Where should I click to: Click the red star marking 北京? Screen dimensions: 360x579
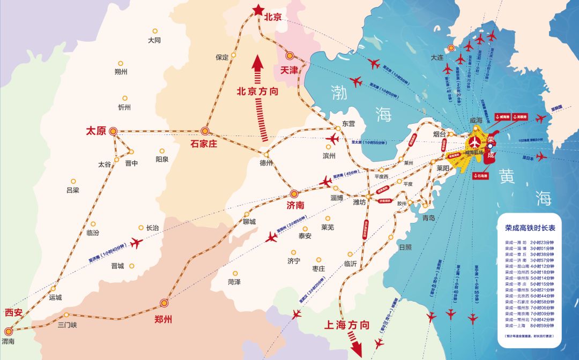pos(258,9)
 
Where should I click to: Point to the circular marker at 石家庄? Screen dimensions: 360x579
pos(204,131)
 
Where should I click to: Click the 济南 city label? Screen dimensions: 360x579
pos(295,205)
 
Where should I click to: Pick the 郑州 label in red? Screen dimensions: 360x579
pos(163,320)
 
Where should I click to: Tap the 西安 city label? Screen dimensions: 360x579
pos(14,312)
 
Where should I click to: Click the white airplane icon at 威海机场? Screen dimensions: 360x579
pos(474,142)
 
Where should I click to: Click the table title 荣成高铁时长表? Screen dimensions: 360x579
pos(530,227)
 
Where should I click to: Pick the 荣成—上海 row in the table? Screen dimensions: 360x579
pos(530,325)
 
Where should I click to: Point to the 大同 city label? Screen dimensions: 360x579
pos(154,40)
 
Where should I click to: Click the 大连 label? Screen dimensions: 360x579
pos(437,57)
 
